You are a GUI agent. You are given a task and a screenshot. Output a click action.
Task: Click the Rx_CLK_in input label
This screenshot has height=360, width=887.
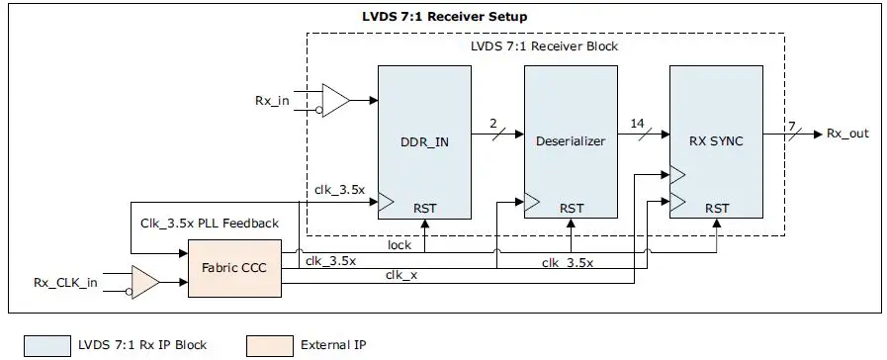[x=65, y=284]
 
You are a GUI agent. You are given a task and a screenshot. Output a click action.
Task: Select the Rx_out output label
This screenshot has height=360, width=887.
[x=847, y=133]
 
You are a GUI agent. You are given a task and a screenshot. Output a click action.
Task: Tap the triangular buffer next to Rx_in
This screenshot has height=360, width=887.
[x=335, y=100]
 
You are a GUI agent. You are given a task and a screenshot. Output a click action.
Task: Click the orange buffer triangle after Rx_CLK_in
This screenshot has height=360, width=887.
[x=144, y=283]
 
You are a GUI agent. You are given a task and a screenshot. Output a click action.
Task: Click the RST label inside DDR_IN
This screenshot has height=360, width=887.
[x=426, y=208]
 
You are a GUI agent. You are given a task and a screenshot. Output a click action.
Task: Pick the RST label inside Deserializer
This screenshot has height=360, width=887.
[x=571, y=208]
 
